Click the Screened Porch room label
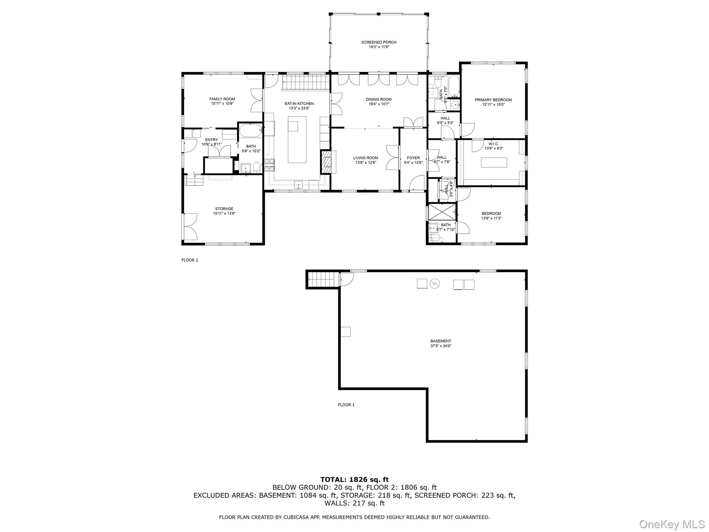379,42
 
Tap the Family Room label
222,99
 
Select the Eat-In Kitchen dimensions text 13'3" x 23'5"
299,108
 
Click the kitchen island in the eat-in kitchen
297,139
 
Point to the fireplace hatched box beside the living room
327,162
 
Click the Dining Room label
379,99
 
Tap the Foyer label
413,158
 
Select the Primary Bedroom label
493,100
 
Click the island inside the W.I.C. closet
494,162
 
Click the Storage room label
224,209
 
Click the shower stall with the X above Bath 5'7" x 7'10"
441,212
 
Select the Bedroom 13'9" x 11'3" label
491,214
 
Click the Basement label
441,341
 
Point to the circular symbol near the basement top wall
434,284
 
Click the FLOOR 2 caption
190,260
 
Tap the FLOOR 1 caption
346,405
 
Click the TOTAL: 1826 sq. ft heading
354,480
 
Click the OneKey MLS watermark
672,524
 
